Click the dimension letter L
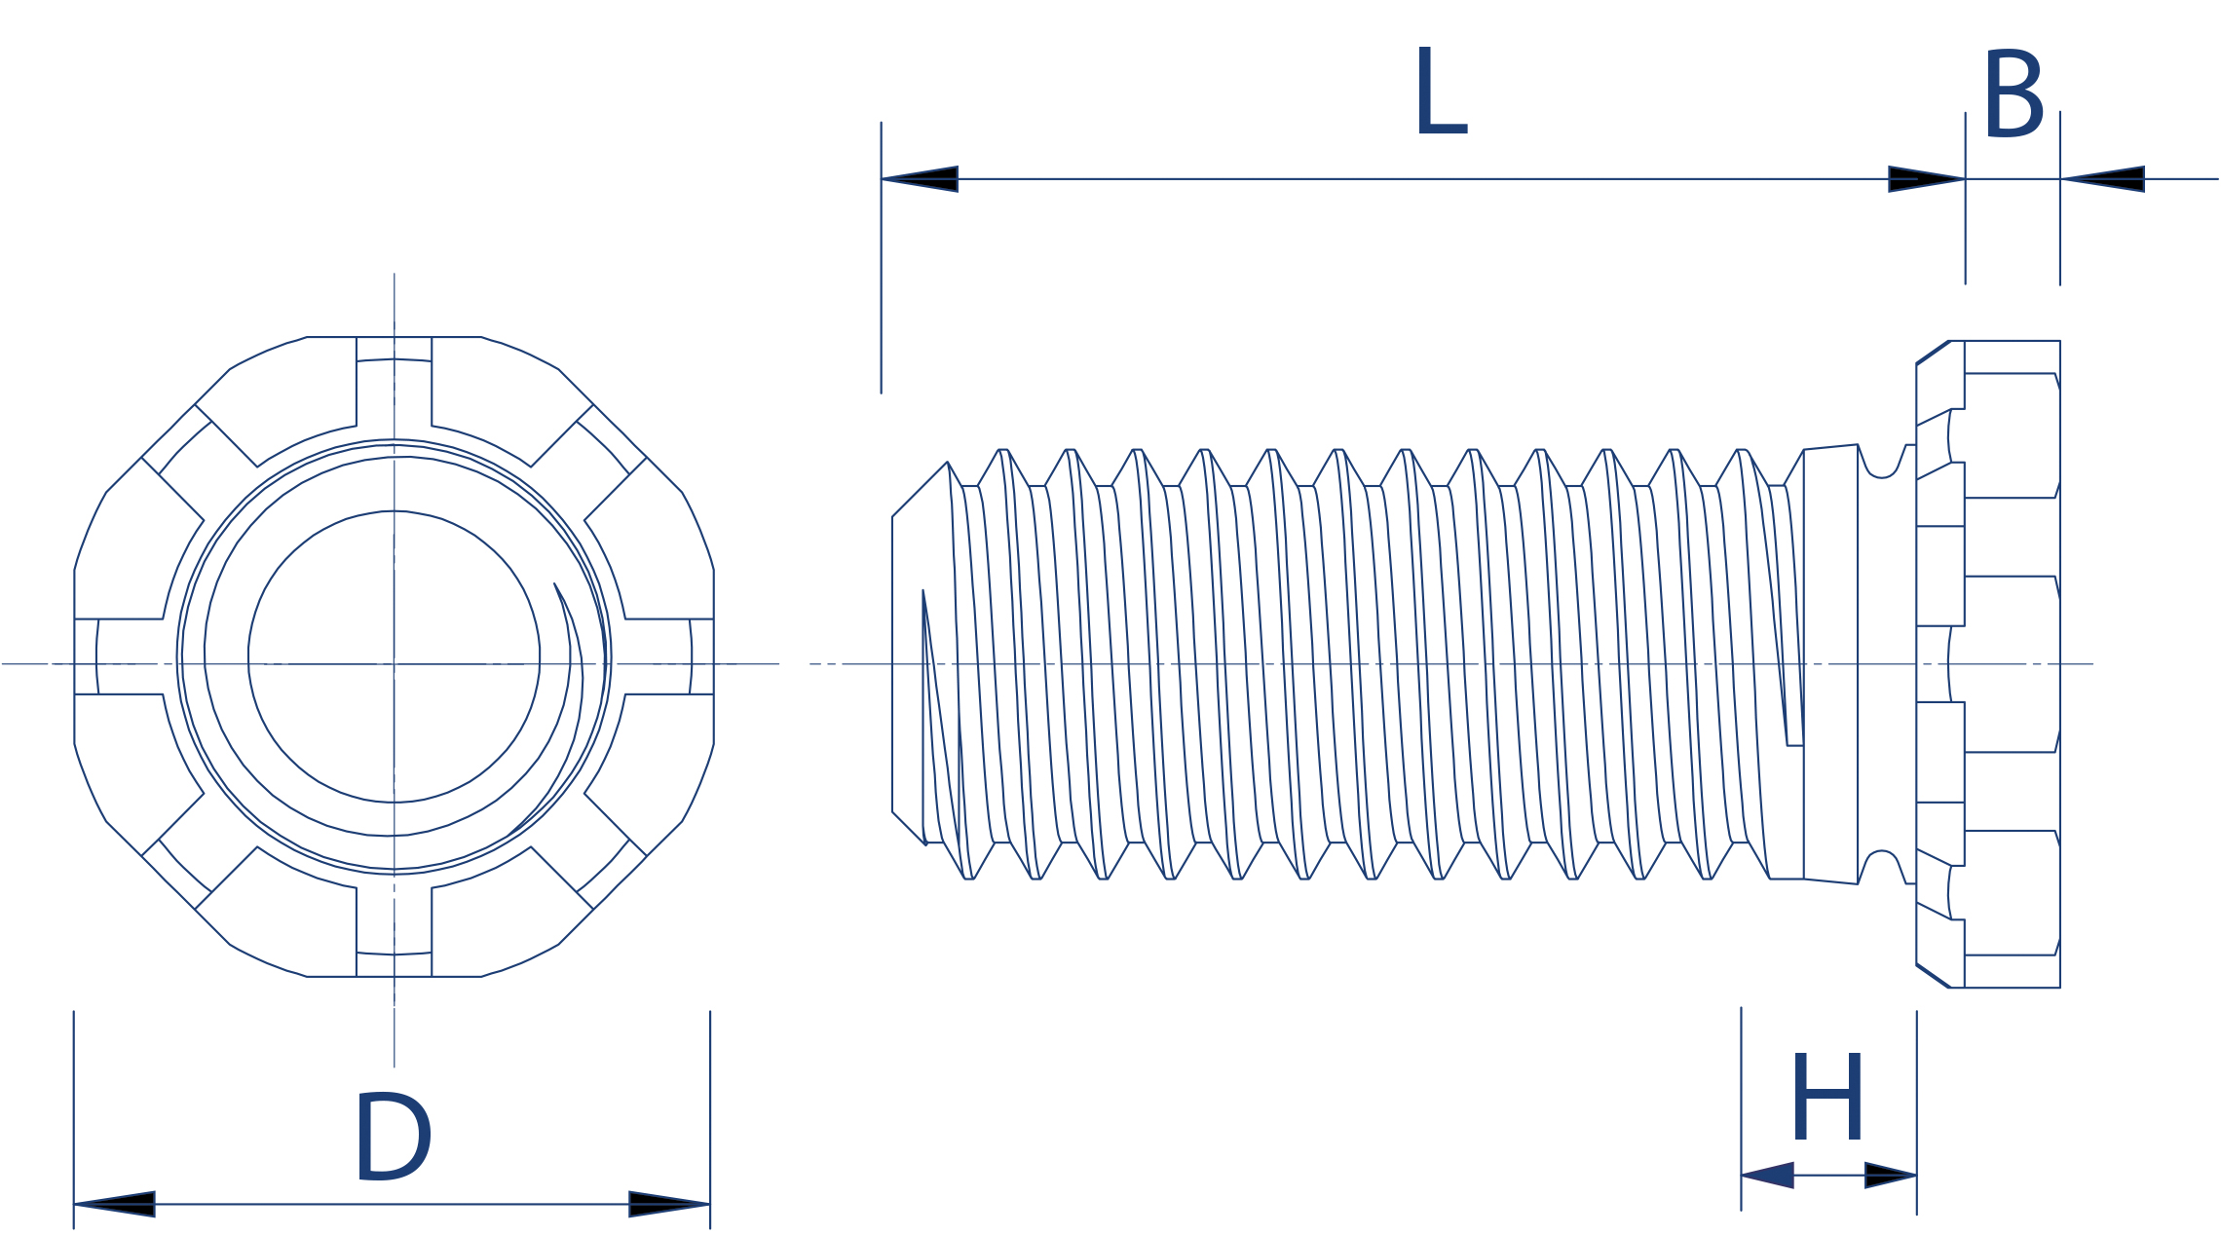coord(1441,90)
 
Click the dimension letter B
coord(2014,94)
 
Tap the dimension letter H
coord(1827,1096)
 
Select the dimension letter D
coord(394,1136)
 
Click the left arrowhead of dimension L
coord(920,179)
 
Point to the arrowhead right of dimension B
coord(2102,179)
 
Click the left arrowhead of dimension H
coord(1767,1176)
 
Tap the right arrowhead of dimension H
coord(1891,1176)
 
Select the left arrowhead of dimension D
coord(114,1204)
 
